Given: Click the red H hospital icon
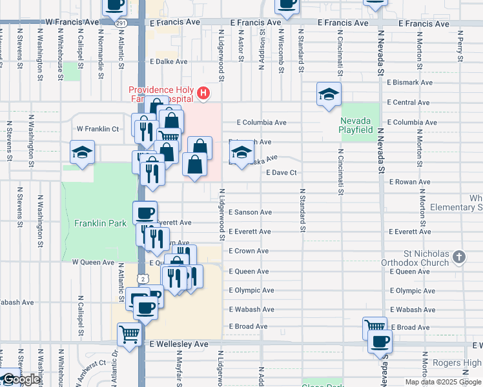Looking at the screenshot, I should [203, 94].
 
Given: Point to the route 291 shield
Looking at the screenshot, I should [121, 23].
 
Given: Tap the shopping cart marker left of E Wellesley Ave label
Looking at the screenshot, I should [130, 335].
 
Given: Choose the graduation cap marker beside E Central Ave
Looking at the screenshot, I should [329, 94].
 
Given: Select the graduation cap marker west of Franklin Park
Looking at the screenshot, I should [82, 153].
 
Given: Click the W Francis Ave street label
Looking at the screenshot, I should [72, 22].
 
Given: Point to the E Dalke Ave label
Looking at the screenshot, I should [169, 62].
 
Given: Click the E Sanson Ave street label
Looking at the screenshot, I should [249, 212].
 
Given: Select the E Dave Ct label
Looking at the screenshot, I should [281, 173].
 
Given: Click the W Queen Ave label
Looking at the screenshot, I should [93, 263].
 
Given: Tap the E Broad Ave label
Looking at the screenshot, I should [410, 328].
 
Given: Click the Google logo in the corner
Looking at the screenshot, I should [21, 380].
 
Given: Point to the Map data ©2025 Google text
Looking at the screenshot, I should [443, 382].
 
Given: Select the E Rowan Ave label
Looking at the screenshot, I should [409, 182].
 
